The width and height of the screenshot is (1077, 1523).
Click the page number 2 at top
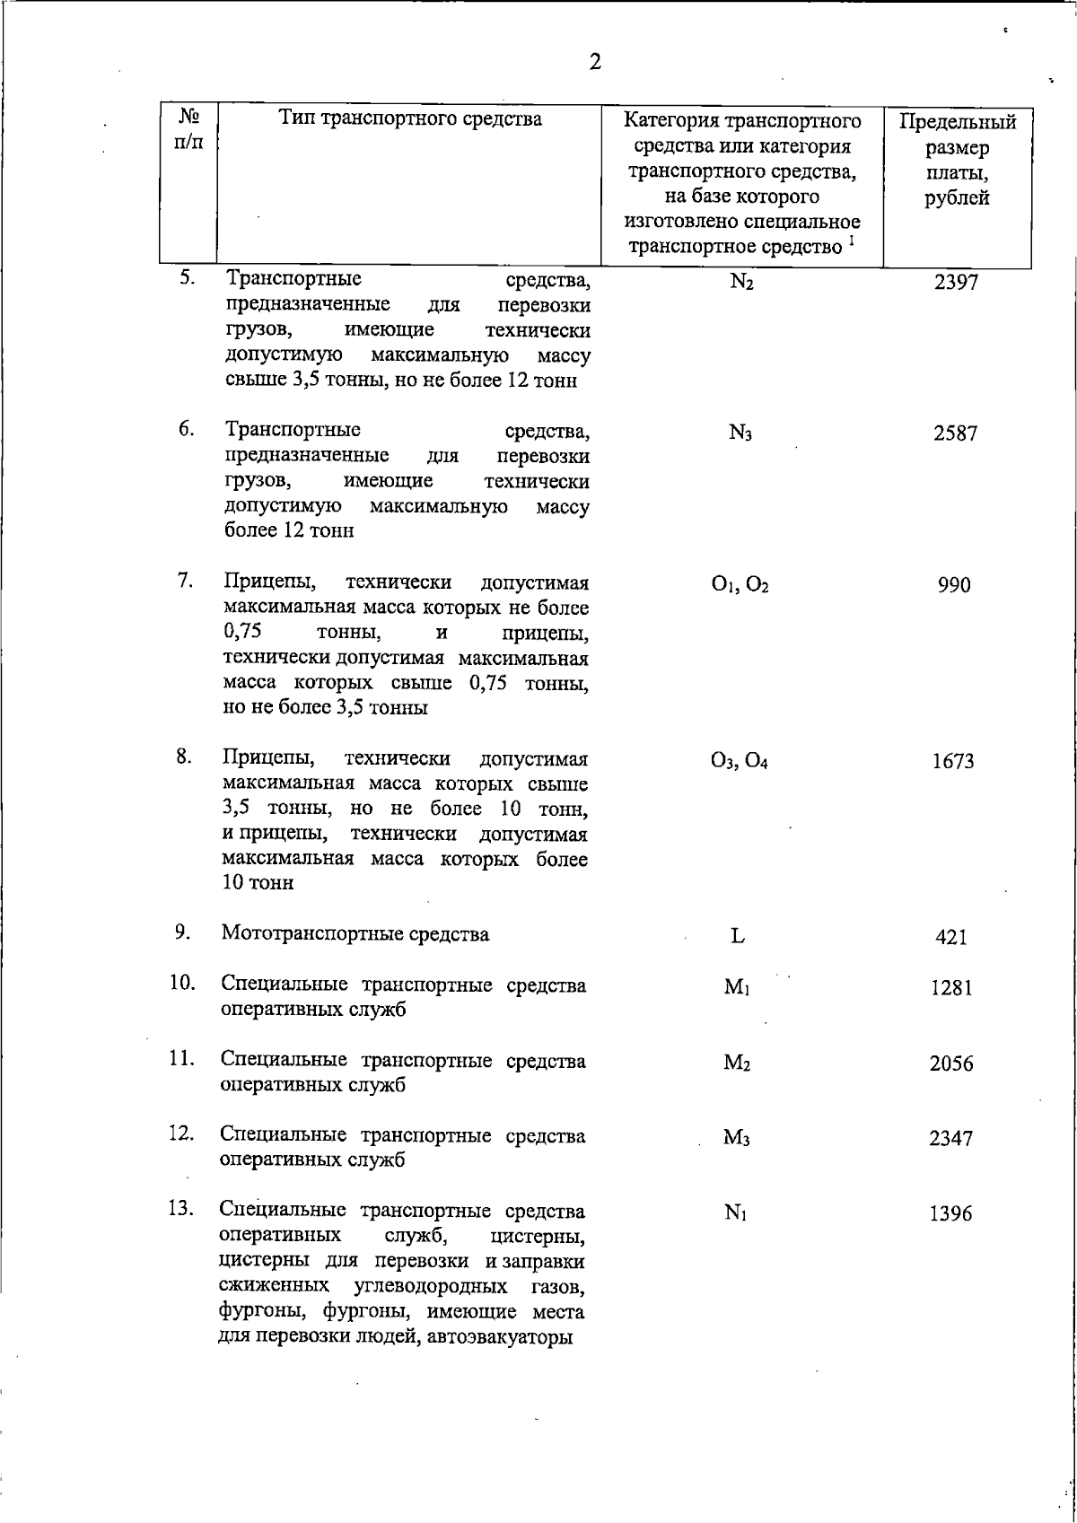pyautogui.click(x=594, y=62)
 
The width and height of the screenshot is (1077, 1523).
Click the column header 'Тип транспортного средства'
pyautogui.click(x=410, y=118)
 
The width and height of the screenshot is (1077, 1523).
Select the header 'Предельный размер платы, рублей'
pyautogui.click(x=957, y=160)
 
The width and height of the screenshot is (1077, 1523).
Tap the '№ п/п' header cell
pyautogui.click(x=188, y=129)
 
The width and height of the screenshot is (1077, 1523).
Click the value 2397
pyautogui.click(x=955, y=283)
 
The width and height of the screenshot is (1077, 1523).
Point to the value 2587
pyautogui.click(x=955, y=434)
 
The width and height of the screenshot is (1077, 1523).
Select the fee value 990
pyautogui.click(x=954, y=586)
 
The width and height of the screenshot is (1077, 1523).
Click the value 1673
pyautogui.click(x=953, y=762)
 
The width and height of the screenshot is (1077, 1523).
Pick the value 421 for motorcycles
pyautogui.click(x=951, y=938)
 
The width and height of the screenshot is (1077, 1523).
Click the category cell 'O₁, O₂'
pyautogui.click(x=740, y=586)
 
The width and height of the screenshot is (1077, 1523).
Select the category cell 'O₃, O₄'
pyautogui.click(x=739, y=762)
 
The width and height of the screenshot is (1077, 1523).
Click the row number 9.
pyautogui.click(x=182, y=932)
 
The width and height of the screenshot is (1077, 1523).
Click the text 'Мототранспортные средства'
pyautogui.click(x=355, y=934)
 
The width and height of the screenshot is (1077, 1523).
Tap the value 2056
pyautogui.click(x=951, y=1064)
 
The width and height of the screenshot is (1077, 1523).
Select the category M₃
pyautogui.click(x=737, y=1139)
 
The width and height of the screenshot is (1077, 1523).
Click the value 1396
pyautogui.click(x=951, y=1214)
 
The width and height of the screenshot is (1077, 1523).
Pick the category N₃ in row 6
pyautogui.click(x=740, y=434)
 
